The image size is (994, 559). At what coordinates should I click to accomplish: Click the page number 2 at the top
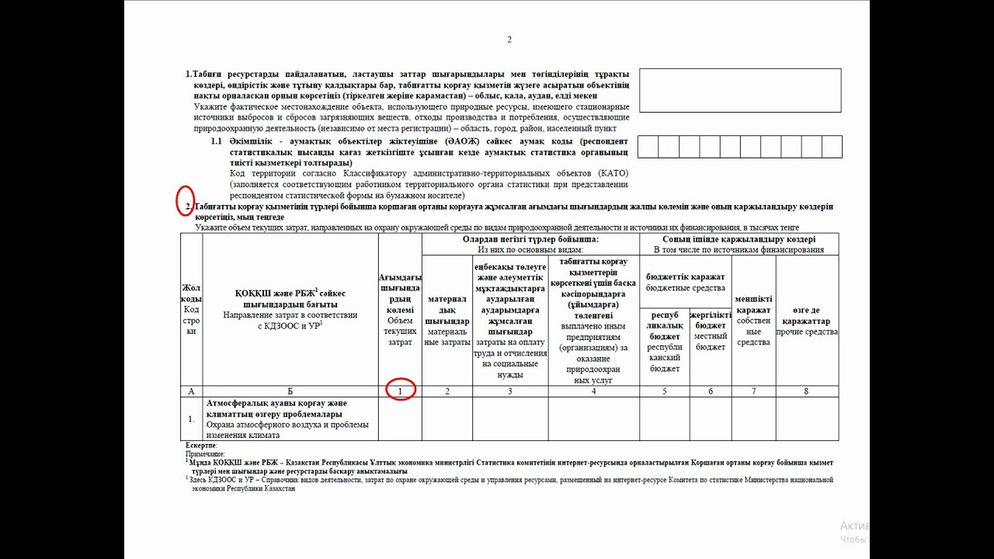(x=509, y=40)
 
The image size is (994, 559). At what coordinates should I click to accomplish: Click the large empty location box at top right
(x=739, y=90)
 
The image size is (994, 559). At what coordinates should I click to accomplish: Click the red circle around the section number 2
(x=186, y=200)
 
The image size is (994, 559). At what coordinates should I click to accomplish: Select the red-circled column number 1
(x=400, y=391)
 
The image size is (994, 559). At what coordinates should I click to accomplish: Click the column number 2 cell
(x=447, y=391)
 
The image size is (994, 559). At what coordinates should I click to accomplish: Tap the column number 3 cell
(x=510, y=391)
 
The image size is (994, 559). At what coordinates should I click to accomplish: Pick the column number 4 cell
(x=593, y=391)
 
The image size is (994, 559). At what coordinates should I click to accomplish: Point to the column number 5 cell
(x=665, y=391)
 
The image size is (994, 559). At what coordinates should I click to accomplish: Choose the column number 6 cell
(x=711, y=391)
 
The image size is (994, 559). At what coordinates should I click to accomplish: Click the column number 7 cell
(x=753, y=391)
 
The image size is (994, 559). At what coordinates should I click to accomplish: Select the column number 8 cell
(x=806, y=391)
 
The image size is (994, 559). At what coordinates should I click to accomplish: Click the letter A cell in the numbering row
(x=191, y=391)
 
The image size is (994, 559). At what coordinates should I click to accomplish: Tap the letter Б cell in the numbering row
(x=290, y=391)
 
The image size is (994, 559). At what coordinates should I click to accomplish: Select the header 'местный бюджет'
(x=711, y=342)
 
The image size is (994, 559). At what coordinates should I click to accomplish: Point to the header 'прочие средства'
(x=807, y=332)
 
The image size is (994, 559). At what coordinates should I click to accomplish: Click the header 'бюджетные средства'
(x=685, y=288)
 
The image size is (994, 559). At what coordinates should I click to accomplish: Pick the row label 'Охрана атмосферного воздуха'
(x=287, y=425)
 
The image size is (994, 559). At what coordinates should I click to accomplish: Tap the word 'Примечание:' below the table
(x=205, y=453)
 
